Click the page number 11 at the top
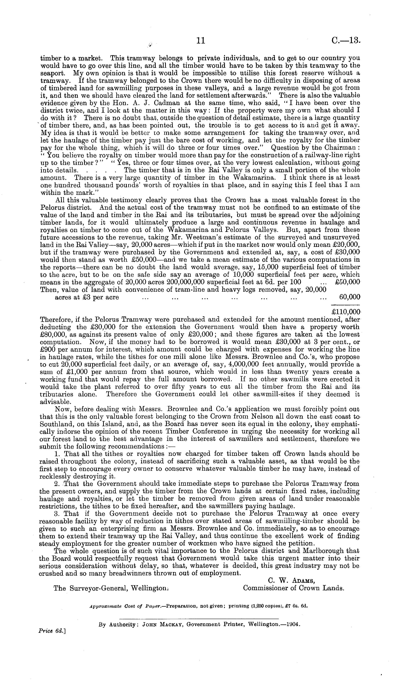pos(200,41)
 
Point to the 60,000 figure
pos(349,297)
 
